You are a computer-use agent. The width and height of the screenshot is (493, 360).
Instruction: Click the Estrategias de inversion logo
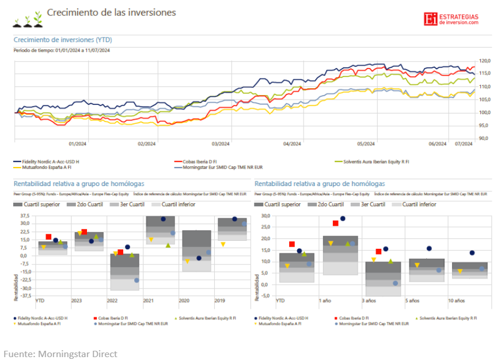pyautogui.click(x=451, y=18)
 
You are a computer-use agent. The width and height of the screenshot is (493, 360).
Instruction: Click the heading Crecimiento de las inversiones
pyautogui.click(x=111, y=12)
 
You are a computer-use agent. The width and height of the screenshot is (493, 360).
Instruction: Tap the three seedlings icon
pyautogui.click(x=28, y=19)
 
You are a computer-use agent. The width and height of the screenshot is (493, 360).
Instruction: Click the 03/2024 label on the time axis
pyautogui.click(x=221, y=144)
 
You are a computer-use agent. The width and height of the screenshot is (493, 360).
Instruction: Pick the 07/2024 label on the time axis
pyautogui.click(x=464, y=144)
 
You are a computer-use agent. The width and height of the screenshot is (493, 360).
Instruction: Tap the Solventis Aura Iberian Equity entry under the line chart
pyautogui.click(x=375, y=161)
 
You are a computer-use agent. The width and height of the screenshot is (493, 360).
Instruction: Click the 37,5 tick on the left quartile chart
pyautogui.click(x=25, y=216)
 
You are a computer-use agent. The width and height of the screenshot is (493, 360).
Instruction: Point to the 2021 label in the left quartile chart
pyautogui.click(x=148, y=301)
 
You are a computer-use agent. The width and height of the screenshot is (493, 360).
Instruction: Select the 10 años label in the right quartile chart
pyautogui.click(x=456, y=301)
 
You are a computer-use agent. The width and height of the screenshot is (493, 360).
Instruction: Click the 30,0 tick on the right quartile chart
pyautogui.click(x=264, y=216)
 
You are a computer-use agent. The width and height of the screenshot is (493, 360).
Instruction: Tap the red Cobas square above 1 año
pyautogui.click(x=335, y=223)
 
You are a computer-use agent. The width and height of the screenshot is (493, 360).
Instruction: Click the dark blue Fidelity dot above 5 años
pyautogui.click(x=429, y=248)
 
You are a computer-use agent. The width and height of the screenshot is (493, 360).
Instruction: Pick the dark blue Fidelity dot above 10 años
pyautogui.click(x=472, y=253)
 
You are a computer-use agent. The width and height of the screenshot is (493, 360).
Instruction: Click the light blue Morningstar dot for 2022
pyautogui.click(x=136, y=281)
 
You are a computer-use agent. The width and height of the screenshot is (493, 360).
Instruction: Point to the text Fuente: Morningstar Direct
pyautogui.click(x=60, y=353)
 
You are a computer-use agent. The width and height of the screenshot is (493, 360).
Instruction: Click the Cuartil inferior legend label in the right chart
pyautogui.click(x=419, y=204)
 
